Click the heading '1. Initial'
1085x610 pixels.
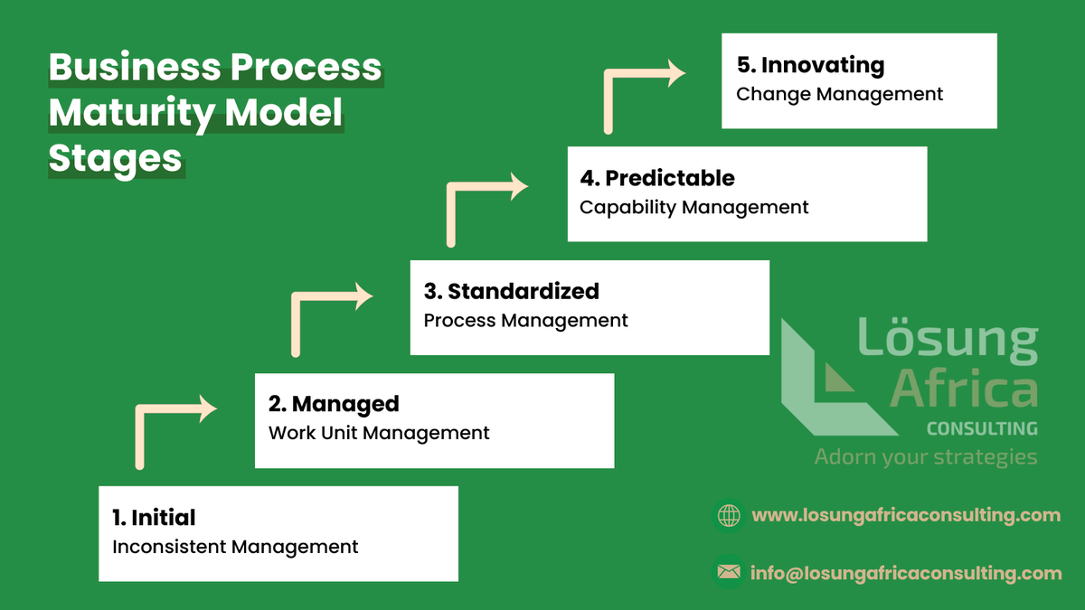point(154,518)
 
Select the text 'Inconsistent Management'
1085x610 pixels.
point(235,547)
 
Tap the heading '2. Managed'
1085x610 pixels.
point(334,404)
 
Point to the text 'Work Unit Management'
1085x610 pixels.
point(379,433)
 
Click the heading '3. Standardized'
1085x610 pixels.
point(512,291)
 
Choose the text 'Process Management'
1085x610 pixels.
point(525,320)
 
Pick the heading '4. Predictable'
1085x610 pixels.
point(657,178)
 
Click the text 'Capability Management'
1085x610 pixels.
point(693,207)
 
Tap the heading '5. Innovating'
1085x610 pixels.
point(810,65)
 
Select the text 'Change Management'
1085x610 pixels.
point(839,94)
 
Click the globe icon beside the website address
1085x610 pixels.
point(728,515)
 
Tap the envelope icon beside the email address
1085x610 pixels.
point(728,572)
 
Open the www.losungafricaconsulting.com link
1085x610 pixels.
point(906,515)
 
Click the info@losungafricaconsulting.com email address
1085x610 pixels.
point(906,573)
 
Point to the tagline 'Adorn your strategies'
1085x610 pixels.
point(925,456)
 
